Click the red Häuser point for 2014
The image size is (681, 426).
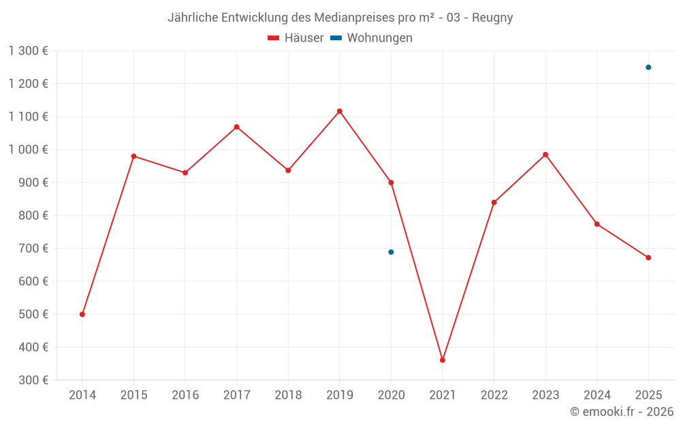82,314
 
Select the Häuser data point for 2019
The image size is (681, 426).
340,111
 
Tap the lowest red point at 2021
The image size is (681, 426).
443,360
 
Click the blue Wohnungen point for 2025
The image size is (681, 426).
648,67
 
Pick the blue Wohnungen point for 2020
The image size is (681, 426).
391,252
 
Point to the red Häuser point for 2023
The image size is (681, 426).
545,155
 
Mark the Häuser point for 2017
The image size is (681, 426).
237,127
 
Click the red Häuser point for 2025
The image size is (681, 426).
648,258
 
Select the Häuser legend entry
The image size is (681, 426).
296,38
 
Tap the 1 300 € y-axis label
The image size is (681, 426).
29,51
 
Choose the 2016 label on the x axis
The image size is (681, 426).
185,395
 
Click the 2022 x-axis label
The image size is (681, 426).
494,395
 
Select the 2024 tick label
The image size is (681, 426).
597,395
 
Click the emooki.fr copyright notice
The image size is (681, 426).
622,412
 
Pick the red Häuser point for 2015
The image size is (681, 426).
133,156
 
